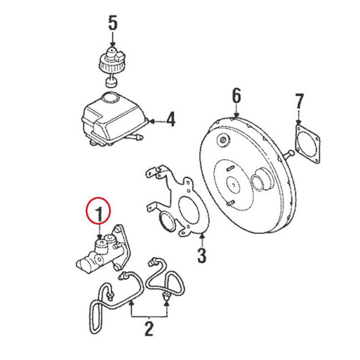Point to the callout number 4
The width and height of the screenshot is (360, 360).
coord(170,120)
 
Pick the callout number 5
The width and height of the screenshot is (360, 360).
coord(112,24)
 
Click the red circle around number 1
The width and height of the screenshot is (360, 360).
coord(98,211)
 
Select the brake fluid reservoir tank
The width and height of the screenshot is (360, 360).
coord(112,118)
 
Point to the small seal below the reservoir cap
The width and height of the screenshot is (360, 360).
coord(111,82)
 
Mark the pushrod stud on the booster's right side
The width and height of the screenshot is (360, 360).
coord(289,154)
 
